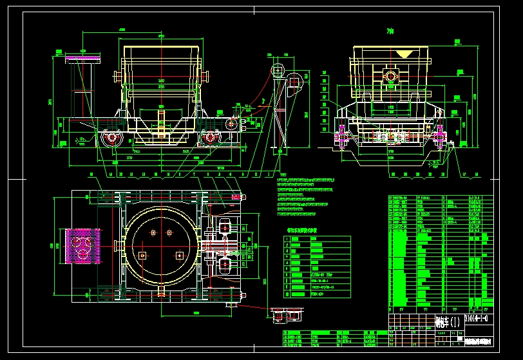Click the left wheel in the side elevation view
point(113,138)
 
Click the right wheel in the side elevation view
point(209,137)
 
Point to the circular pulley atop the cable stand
point(278,70)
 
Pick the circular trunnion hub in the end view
point(390,77)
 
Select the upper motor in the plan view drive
point(225,227)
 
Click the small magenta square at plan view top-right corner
point(236,196)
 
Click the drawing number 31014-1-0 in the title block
point(477,318)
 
